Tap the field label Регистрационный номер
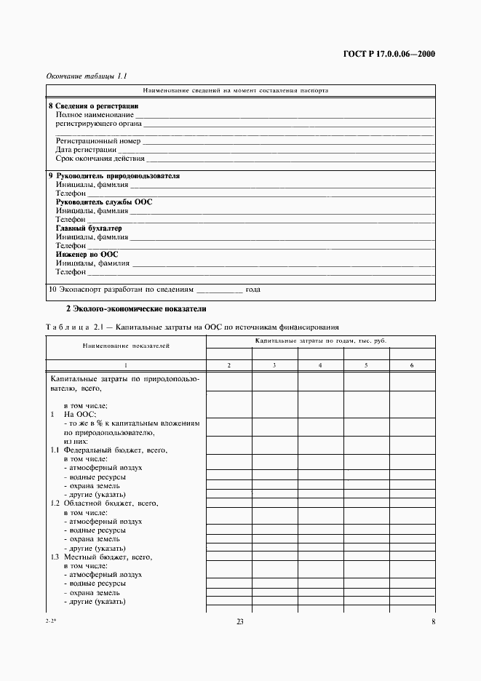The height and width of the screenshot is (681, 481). pos(98,141)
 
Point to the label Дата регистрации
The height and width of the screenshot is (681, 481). pos(86,150)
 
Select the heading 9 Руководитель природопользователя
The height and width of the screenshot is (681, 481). pos(114,176)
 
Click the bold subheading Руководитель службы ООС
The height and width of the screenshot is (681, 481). pos(104,202)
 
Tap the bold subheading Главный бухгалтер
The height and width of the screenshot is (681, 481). pos(89,228)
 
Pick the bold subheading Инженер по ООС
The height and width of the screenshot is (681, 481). pos(87,255)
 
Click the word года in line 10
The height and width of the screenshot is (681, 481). pos(253,290)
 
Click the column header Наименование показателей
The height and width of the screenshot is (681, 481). pos(125,346)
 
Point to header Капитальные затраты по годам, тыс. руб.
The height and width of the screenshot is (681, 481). pos(320,340)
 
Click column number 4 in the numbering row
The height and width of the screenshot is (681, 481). pos(320,365)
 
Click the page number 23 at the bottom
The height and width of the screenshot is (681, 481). pos(239,621)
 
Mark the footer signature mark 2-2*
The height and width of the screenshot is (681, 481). pos(50,621)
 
